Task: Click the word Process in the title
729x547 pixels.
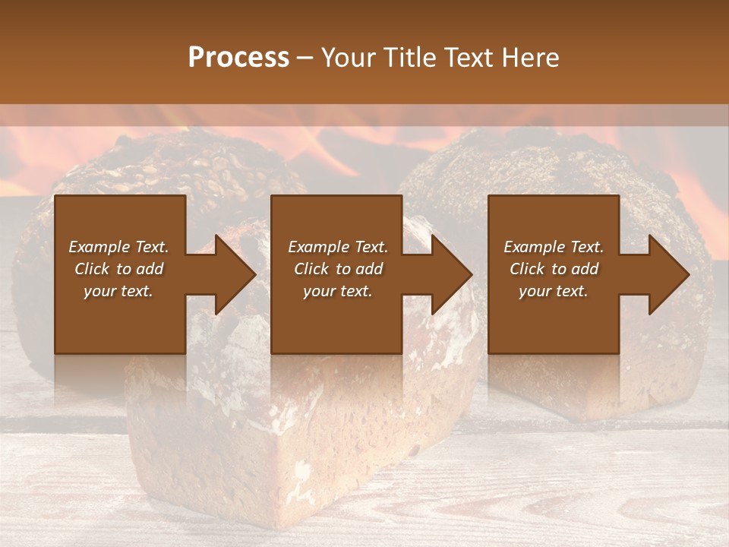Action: (238, 58)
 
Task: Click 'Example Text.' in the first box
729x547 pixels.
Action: (118, 247)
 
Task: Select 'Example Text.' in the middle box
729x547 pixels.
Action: (337, 247)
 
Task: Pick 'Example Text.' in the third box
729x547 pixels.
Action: (554, 247)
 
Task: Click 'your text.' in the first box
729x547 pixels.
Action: (118, 291)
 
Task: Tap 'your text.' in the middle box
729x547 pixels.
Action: (337, 291)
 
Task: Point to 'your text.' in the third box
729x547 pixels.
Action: (554, 291)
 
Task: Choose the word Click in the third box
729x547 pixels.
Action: (527, 269)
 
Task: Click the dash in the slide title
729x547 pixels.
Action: (305, 58)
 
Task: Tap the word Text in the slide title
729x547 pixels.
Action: (468, 58)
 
